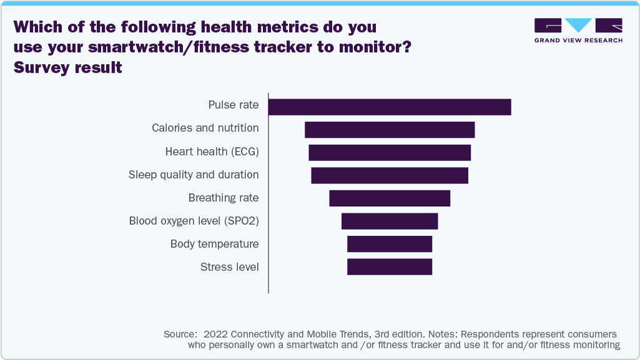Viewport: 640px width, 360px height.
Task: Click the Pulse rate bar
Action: (390, 107)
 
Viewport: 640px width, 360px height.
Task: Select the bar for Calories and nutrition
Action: (390, 130)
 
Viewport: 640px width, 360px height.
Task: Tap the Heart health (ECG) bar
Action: (390, 153)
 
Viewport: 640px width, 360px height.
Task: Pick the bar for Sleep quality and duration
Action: (390, 175)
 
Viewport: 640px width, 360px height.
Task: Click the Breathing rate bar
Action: (390, 198)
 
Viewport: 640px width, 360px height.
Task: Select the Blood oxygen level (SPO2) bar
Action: (390, 221)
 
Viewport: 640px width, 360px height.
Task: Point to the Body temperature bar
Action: (390, 244)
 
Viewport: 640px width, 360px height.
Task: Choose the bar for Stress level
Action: (390, 267)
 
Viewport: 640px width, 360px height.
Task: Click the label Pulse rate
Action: (233, 105)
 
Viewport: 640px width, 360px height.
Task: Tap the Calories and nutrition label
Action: (205, 128)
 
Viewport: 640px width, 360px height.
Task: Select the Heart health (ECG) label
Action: (212, 152)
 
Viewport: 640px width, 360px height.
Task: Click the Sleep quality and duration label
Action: (194, 175)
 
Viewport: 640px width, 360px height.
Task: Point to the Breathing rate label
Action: (223, 198)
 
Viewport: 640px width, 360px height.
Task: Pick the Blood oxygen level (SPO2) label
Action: (194, 221)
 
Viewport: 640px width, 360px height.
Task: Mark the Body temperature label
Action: (214, 244)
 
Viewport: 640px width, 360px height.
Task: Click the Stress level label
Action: (229, 267)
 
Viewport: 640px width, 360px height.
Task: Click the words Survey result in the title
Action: (68, 67)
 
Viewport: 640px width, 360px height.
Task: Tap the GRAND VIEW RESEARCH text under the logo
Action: (578, 40)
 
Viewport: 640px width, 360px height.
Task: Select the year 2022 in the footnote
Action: (216, 334)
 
